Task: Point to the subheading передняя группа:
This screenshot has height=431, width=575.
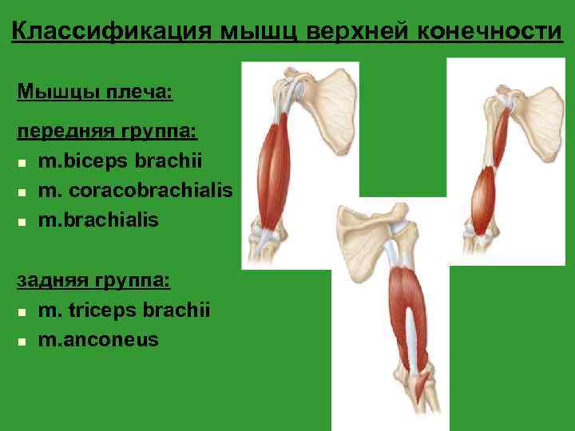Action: point(108,129)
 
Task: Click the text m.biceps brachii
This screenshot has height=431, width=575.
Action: point(120,161)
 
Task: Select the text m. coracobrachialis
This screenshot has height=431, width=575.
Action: point(135,190)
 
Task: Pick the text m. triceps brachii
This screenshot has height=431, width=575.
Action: point(124,310)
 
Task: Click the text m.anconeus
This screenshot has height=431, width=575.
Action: point(98,339)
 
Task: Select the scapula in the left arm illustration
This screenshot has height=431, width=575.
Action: point(326,112)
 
